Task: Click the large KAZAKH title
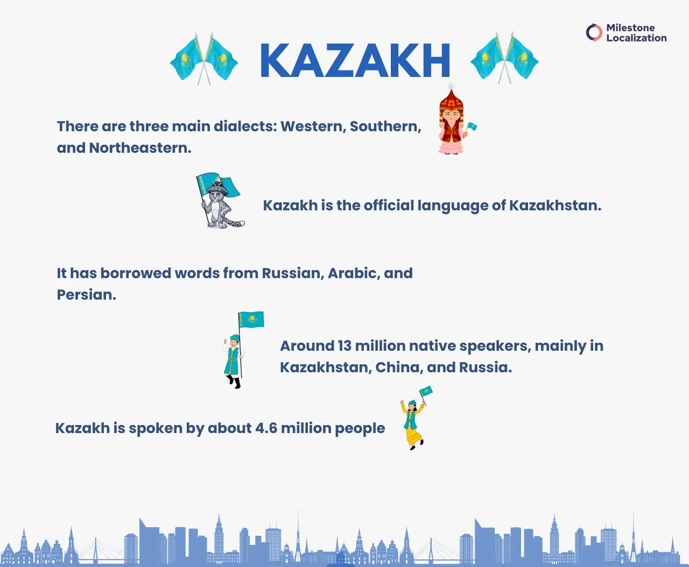tap(355, 61)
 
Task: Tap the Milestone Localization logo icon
tap(594, 33)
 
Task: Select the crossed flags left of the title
tap(203, 59)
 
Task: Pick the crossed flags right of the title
tap(504, 58)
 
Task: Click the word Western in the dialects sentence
tap(312, 126)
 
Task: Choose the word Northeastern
tap(140, 148)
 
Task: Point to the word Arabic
tap(353, 273)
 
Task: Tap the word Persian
tap(86, 295)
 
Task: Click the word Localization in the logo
tap(636, 38)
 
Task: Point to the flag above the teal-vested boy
tap(251, 320)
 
